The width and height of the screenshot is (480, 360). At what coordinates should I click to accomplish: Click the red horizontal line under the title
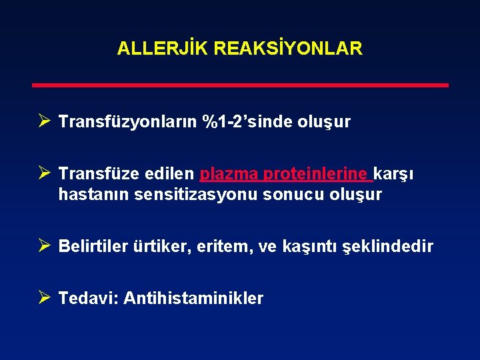pyautogui.click(x=241, y=85)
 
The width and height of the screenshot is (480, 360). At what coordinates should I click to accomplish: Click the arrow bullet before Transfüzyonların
pyautogui.click(x=44, y=121)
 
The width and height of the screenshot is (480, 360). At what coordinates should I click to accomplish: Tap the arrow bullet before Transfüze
pyautogui.click(x=44, y=173)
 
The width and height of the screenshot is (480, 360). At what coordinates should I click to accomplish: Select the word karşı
pyautogui.click(x=395, y=175)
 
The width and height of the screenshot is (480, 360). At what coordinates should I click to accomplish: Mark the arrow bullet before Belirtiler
pyautogui.click(x=44, y=245)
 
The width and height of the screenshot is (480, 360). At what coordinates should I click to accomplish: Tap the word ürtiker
pyautogui.click(x=165, y=247)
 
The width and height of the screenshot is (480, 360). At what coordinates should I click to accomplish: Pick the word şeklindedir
pyautogui.click(x=387, y=247)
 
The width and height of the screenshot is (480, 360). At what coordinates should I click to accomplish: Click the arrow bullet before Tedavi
pyautogui.click(x=44, y=297)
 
